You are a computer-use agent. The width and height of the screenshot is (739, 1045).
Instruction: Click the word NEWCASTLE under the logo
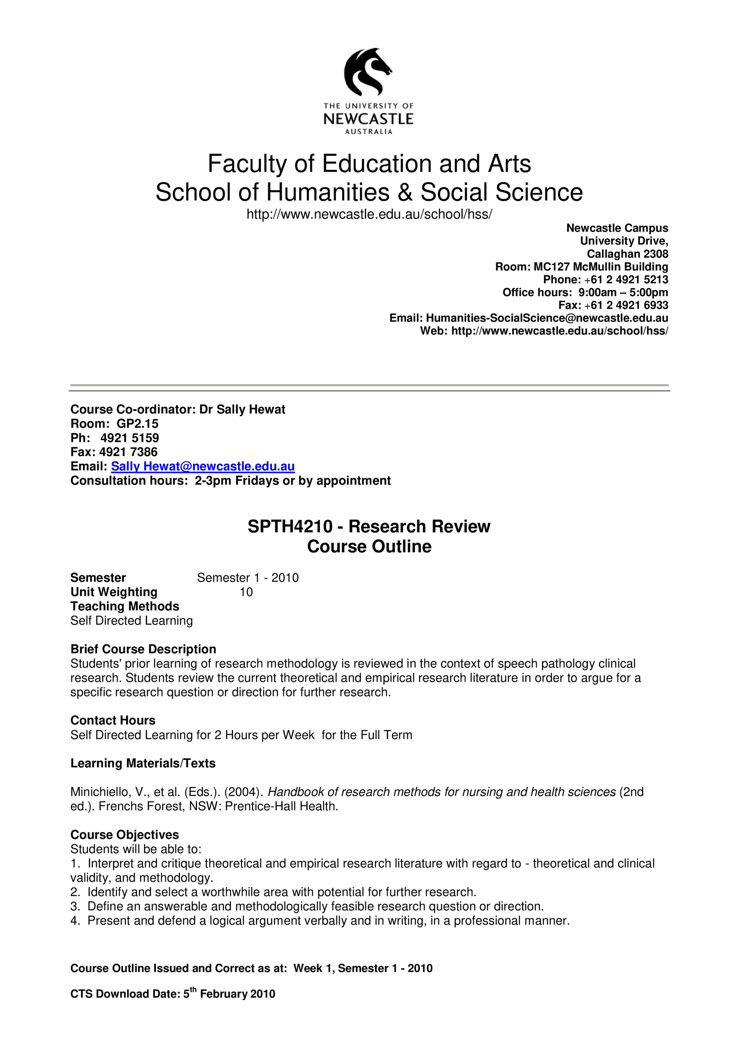(x=368, y=119)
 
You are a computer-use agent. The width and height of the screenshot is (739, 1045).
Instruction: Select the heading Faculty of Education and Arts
(x=369, y=164)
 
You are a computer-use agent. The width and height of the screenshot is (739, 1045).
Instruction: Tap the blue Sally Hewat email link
(x=203, y=466)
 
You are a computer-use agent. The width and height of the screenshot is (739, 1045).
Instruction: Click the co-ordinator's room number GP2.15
(x=137, y=424)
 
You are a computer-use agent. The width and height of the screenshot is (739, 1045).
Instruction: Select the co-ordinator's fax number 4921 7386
(x=129, y=452)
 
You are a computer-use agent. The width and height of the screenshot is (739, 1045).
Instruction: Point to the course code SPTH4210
(x=290, y=527)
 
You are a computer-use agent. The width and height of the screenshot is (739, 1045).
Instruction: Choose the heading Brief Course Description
(x=143, y=649)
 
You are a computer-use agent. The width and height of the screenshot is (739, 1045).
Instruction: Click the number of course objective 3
(x=75, y=906)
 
